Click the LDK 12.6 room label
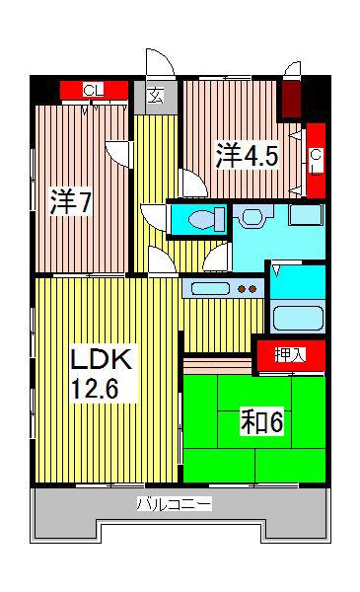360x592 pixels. (102, 373)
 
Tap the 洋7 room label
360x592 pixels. (71, 202)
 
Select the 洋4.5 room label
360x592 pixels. (248, 155)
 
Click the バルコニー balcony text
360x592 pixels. (174, 504)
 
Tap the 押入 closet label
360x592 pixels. (290, 355)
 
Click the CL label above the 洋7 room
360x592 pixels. (94, 90)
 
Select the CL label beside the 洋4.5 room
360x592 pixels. (317, 161)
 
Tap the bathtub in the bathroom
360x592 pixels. (298, 318)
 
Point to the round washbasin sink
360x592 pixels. (251, 216)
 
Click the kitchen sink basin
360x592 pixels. (210, 289)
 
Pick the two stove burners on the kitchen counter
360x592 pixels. (247, 289)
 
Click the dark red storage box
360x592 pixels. (292, 99)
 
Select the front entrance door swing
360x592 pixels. (161, 63)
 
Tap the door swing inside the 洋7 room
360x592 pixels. (118, 154)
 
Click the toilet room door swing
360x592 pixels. (154, 217)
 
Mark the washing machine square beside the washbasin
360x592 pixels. (306, 214)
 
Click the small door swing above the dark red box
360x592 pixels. (293, 70)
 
